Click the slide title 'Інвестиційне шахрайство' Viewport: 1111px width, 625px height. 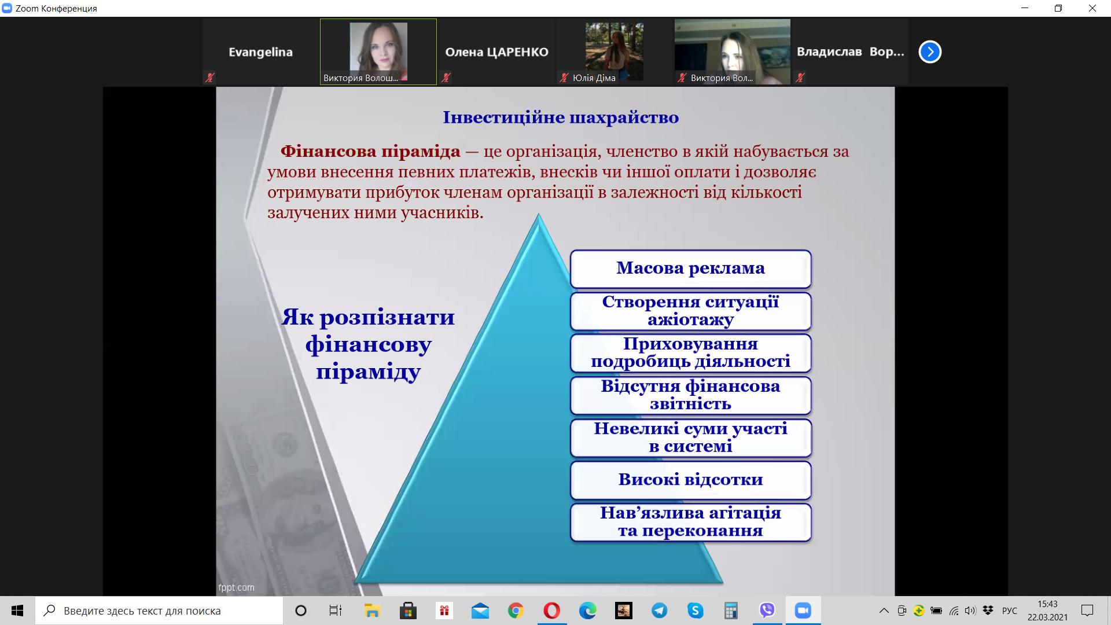click(561, 117)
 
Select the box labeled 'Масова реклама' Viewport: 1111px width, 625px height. click(691, 269)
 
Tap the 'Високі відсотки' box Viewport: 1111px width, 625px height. click(691, 480)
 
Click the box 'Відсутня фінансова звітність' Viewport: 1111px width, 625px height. click(691, 396)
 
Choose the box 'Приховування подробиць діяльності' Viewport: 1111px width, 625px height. click(691, 353)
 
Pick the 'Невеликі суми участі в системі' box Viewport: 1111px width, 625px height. click(691, 438)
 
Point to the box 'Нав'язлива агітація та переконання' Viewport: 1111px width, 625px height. click(691, 523)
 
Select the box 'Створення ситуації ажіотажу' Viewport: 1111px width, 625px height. click(691, 311)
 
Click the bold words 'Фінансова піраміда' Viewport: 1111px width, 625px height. click(370, 152)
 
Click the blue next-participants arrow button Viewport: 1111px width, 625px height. click(930, 52)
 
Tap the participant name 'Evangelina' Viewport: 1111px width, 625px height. click(260, 52)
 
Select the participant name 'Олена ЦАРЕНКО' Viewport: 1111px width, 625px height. click(496, 52)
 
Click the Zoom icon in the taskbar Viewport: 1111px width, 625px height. click(803, 611)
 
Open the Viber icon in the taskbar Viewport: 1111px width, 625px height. click(767, 611)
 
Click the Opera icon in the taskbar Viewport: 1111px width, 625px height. click(552, 611)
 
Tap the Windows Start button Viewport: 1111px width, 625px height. click(17, 611)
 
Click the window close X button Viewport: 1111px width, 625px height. click(1092, 8)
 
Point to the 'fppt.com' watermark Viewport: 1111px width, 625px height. click(236, 587)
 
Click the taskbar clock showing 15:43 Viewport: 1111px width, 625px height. click(1047, 604)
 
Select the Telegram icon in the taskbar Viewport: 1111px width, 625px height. click(659, 611)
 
